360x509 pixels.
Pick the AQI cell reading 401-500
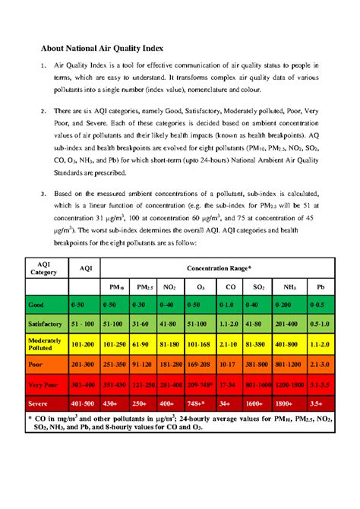click(x=84, y=403)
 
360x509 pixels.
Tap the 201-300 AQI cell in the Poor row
click(x=84, y=364)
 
